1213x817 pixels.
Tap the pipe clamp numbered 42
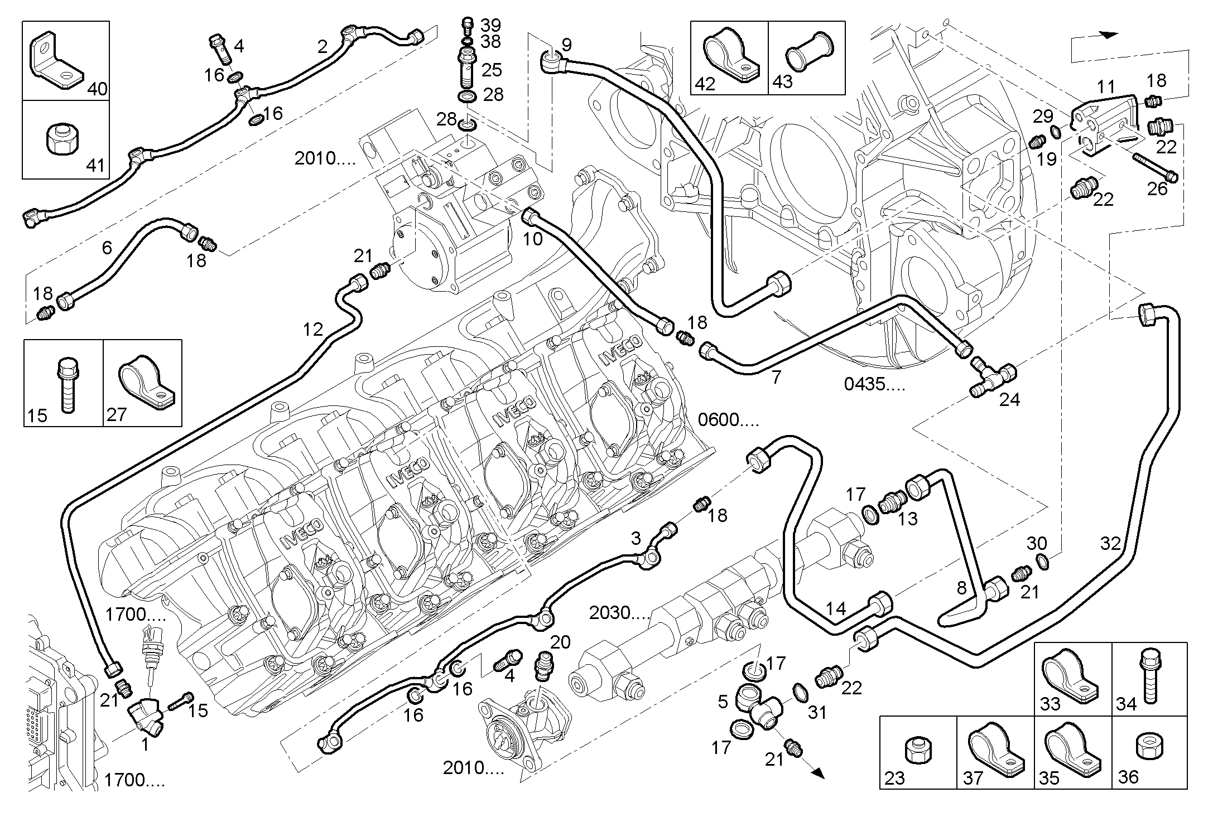pos(732,57)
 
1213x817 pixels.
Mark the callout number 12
pos(312,330)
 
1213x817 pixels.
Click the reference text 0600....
pos(729,419)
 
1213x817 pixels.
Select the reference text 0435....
pos(874,384)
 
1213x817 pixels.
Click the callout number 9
pos(566,45)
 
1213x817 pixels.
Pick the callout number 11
pos(1105,87)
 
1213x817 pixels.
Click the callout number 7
pos(776,377)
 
